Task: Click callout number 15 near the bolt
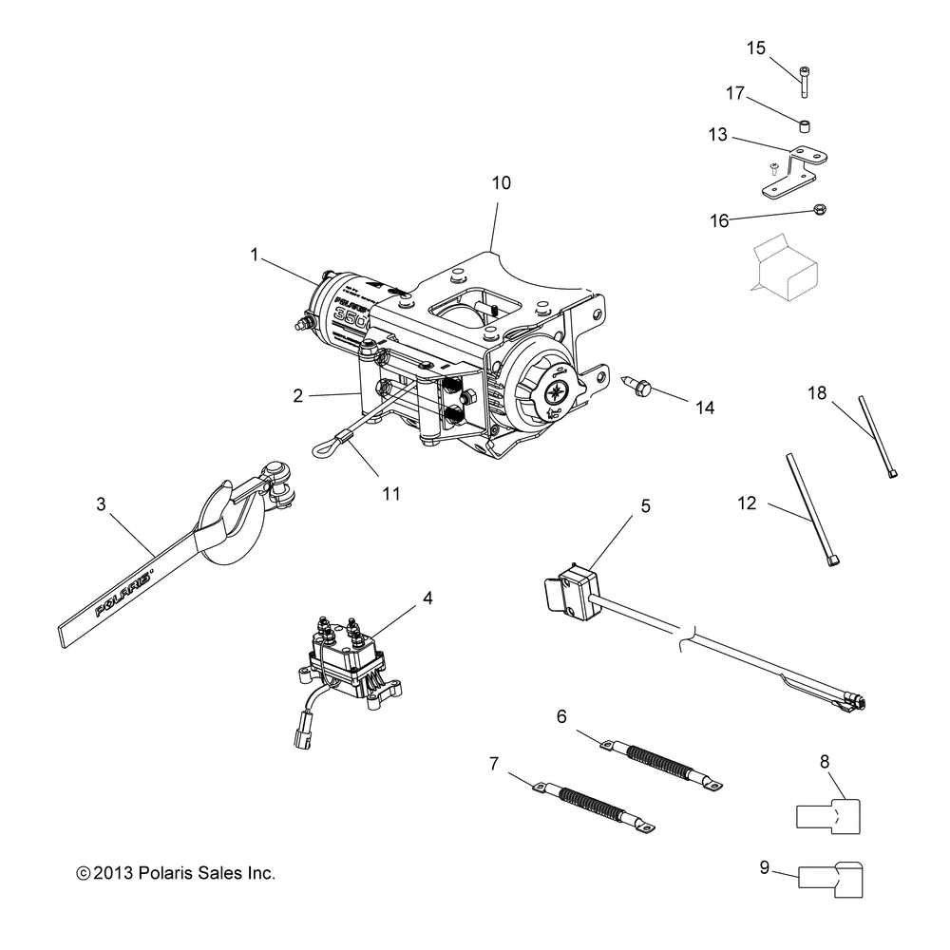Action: pos(755,47)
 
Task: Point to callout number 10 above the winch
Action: pos(500,183)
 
